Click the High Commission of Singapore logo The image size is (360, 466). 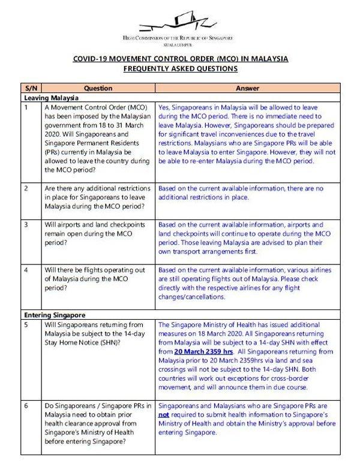(179, 25)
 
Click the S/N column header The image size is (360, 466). (29, 87)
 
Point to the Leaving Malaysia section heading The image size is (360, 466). (53, 97)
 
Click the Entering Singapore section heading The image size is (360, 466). (56, 314)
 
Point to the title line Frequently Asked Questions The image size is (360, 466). (179, 69)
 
